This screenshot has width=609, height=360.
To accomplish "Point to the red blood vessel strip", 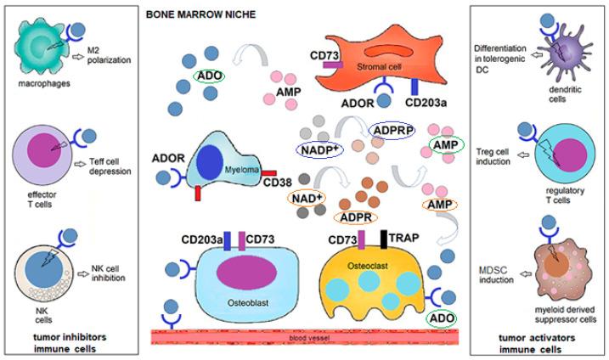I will click(x=306, y=337).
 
